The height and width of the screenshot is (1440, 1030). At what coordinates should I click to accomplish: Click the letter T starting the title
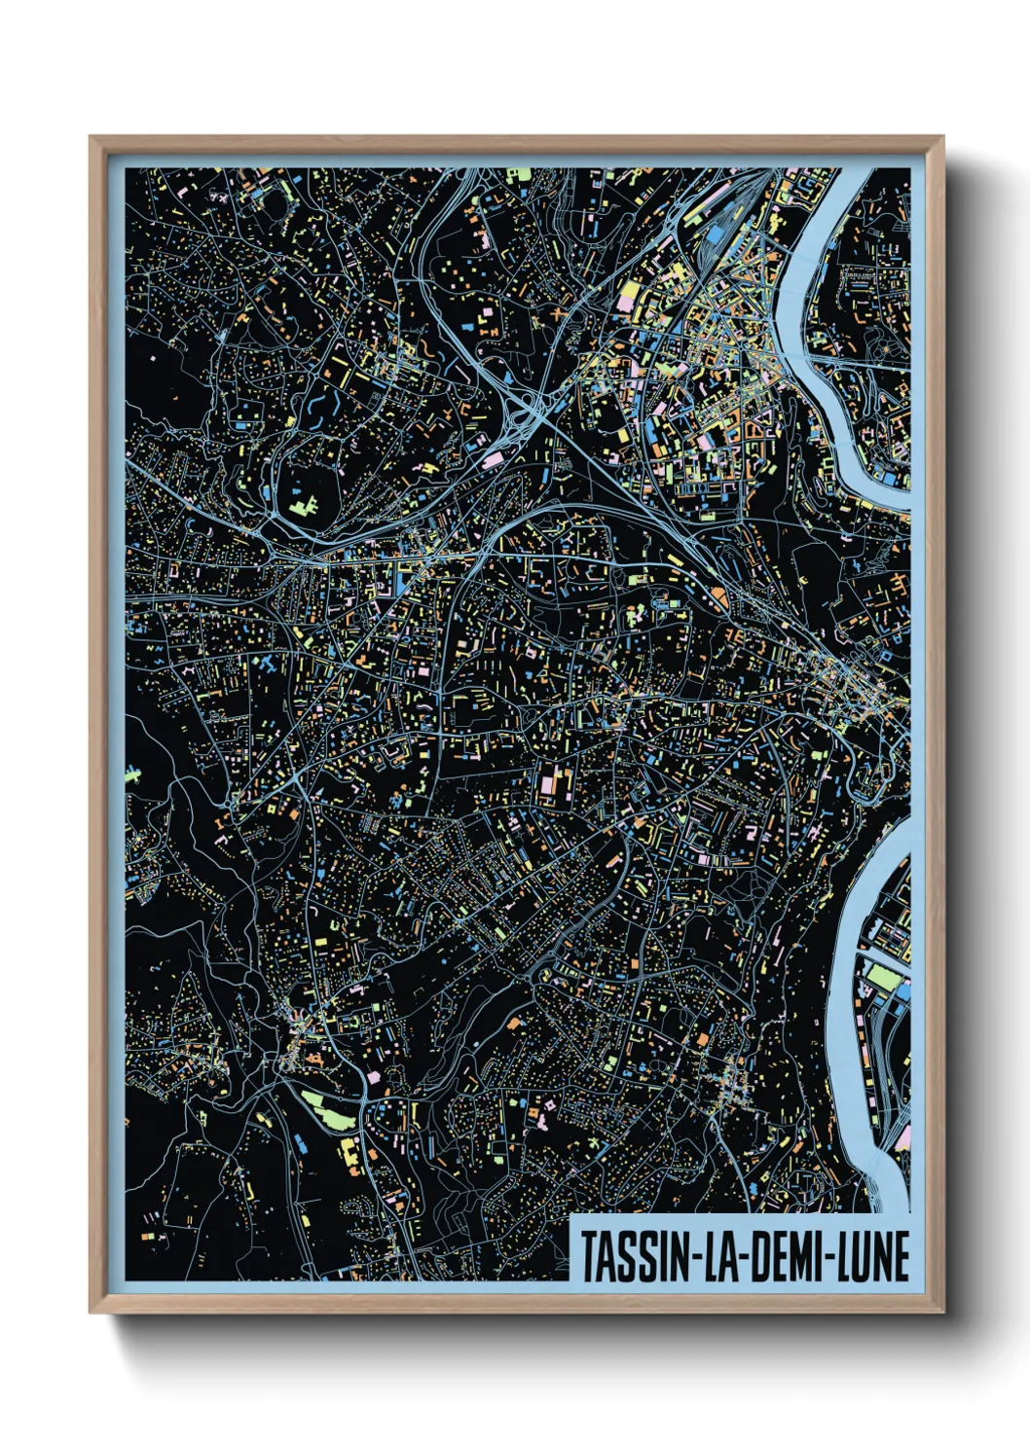tap(588, 1256)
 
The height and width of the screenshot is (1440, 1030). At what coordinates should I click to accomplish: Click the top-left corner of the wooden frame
tap(92, 138)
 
